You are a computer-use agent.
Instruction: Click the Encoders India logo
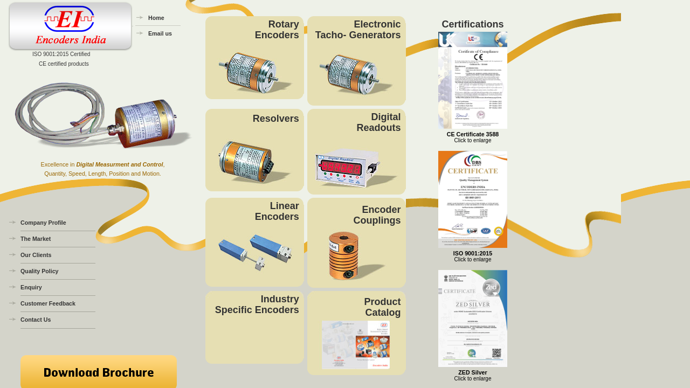[x=70, y=26]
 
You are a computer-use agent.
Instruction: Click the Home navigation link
[x=156, y=18]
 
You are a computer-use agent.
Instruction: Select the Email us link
[x=160, y=33]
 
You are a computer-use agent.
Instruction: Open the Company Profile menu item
[x=43, y=223]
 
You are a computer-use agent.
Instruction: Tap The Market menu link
[x=36, y=239]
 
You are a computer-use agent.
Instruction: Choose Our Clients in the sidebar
[x=36, y=255]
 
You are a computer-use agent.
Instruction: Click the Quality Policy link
[x=39, y=271]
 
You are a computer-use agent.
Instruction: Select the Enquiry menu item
[x=31, y=287]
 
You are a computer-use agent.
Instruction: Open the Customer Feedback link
[x=48, y=303]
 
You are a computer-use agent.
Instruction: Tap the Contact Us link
[x=36, y=320]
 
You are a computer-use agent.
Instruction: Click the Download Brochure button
[x=99, y=372]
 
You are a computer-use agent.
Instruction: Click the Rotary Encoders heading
[x=277, y=30]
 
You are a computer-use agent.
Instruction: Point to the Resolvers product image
[x=254, y=162]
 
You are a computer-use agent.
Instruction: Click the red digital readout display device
[x=356, y=168]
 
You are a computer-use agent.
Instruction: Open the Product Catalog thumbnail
[x=356, y=345]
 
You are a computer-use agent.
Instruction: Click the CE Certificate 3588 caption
[x=472, y=134]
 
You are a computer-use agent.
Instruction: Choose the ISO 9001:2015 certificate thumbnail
[x=473, y=199]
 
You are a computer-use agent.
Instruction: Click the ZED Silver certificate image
[x=473, y=318]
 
